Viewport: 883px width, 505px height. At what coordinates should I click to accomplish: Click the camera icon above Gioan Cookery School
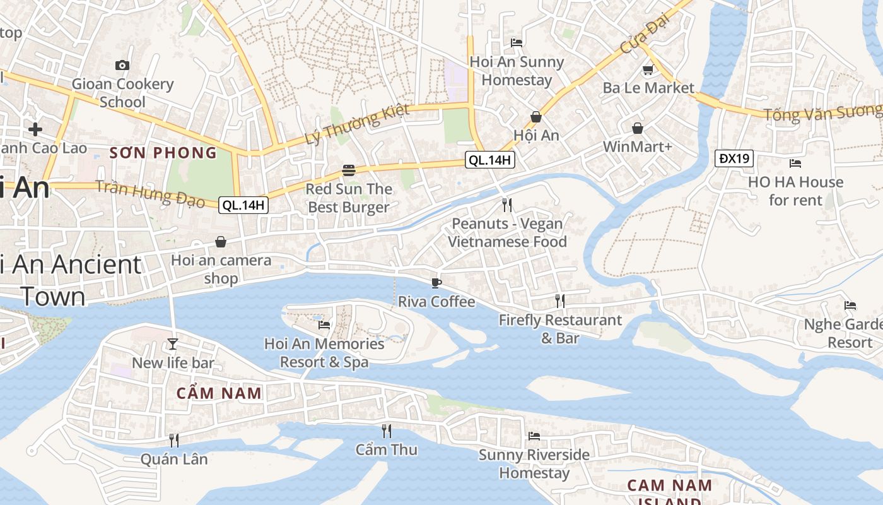pos(122,65)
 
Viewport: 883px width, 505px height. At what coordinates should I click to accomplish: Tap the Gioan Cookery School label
pos(122,93)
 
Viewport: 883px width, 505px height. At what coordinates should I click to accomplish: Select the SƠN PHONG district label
pos(163,153)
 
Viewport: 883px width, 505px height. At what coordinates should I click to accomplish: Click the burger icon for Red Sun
pos(349,170)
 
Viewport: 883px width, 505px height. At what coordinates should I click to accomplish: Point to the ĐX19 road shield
pos(734,158)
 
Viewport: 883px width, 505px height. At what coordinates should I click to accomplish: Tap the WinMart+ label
pos(638,147)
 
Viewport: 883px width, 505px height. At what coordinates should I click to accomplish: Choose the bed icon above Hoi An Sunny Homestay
pos(517,43)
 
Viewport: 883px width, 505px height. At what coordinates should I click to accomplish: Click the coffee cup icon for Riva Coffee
pos(436,283)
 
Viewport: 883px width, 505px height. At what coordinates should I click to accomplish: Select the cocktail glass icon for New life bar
pos(173,344)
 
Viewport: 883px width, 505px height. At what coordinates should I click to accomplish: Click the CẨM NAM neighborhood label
pos(219,393)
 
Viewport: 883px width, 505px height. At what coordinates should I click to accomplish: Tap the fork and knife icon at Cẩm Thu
pos(387,431)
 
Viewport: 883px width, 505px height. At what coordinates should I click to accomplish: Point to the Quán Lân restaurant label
pos(174,459)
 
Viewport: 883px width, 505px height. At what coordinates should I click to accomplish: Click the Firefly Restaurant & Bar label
pos(560,329)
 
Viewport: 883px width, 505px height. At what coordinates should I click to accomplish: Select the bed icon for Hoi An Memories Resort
pos(324,325)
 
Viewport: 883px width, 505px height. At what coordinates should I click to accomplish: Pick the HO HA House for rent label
pos(795,191)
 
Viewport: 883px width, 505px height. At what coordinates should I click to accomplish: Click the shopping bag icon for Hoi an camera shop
pos(221,242)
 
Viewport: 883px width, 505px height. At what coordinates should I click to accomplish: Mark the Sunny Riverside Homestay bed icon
pos(534,436)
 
